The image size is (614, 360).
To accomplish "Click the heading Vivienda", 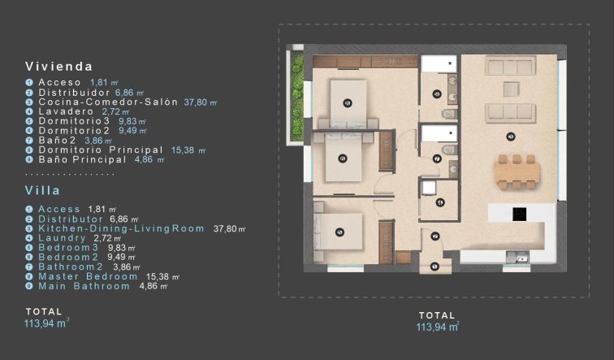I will click(58, 66).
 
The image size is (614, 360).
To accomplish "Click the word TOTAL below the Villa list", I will click(44, 311).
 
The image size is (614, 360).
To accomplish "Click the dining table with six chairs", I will click(517, 171).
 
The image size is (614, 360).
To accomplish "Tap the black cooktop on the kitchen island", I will click(519, 215).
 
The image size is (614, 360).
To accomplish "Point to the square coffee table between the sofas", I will click(510, 88).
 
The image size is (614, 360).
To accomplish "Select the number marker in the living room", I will click(510, 136).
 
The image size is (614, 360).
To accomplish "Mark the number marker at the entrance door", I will click(435, 266).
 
